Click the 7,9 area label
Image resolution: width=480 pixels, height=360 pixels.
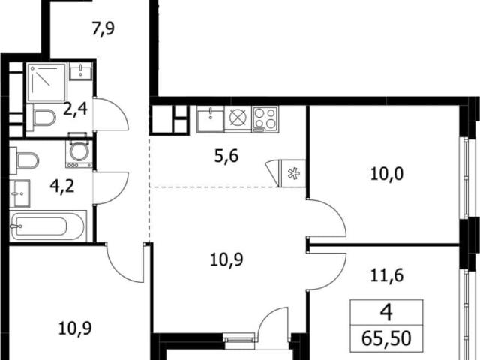tap(103, 29)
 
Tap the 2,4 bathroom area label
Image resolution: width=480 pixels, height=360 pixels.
tap(75, 109)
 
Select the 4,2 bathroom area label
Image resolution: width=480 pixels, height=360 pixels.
tap(62, 186)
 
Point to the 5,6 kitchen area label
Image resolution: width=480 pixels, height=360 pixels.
tap(226, 157)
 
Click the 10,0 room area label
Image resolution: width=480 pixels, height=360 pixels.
tap(387, 174)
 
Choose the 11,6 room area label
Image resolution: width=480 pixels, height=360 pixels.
tap(387, 274)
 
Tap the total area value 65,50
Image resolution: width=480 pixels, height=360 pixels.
tap(386, 338)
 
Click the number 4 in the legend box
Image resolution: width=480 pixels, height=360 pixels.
tap(386, 313)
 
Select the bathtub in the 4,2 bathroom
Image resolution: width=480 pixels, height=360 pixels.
tap(48, 226)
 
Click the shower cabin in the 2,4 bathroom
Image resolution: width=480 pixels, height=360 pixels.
tap(46, 82)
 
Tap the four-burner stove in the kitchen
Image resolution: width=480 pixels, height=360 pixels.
tap(265, 119)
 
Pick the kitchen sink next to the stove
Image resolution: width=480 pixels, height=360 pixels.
tap(210, 119)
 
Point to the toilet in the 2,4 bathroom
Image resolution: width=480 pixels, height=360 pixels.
tap(42, 118)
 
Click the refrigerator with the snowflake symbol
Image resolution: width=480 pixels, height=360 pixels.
tap(293, 173)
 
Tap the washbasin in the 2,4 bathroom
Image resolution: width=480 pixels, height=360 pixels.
tap(81, 71)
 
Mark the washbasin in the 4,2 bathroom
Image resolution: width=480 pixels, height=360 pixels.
tap(20, 193)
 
